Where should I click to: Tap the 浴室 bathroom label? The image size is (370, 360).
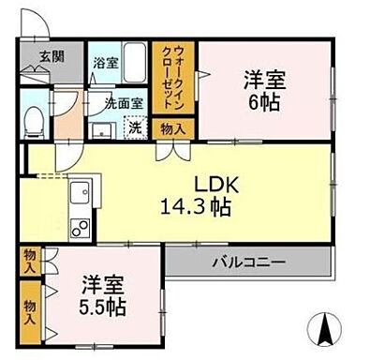click(x=104, y=64)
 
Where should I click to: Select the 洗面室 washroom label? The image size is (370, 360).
click(x=122, y=103)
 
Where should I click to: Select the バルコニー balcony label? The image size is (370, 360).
click(x=248, y=262)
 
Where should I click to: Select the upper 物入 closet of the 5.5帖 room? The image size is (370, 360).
click(x=30, y=260)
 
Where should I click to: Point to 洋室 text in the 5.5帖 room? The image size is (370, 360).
click(x=98, y=281)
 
